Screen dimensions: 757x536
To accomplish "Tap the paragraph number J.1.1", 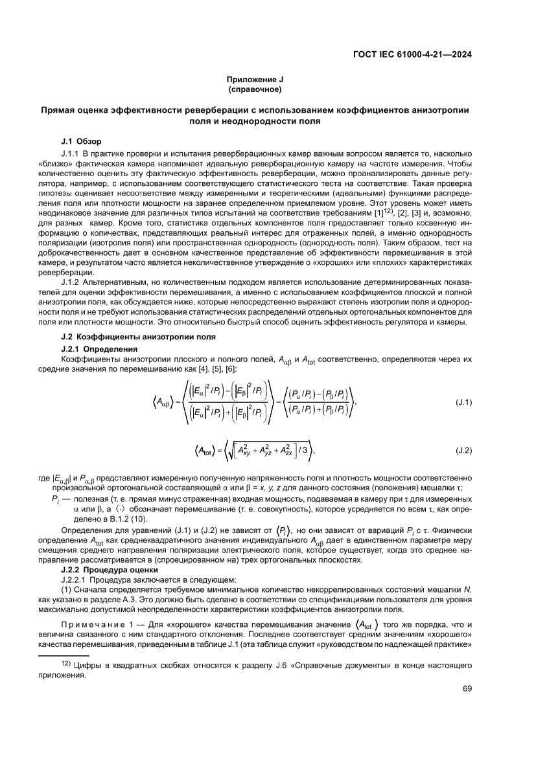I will coord(70,152).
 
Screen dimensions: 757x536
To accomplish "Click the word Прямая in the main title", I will coord(58,110).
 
